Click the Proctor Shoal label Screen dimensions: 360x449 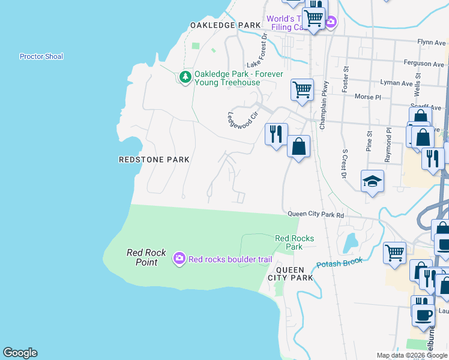[41, 56]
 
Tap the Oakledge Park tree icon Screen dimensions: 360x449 [185, 77]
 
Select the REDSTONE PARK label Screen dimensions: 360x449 [154, 160]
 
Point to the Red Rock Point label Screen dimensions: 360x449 [142, 257]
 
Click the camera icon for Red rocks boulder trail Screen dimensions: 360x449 [179, 259]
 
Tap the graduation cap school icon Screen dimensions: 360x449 [372, 181]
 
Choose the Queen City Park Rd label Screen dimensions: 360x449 [316, 214]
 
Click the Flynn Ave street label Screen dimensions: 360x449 [432, 42]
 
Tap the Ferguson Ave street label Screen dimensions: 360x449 [424, 63]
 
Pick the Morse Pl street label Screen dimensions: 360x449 [368, 97]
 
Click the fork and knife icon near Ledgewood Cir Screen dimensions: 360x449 [276, 134]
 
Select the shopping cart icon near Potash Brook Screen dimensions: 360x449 [394, 253]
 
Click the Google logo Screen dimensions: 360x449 [20, 353]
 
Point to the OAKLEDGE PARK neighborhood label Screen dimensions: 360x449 [225, 25]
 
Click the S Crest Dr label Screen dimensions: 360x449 [345, 164]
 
